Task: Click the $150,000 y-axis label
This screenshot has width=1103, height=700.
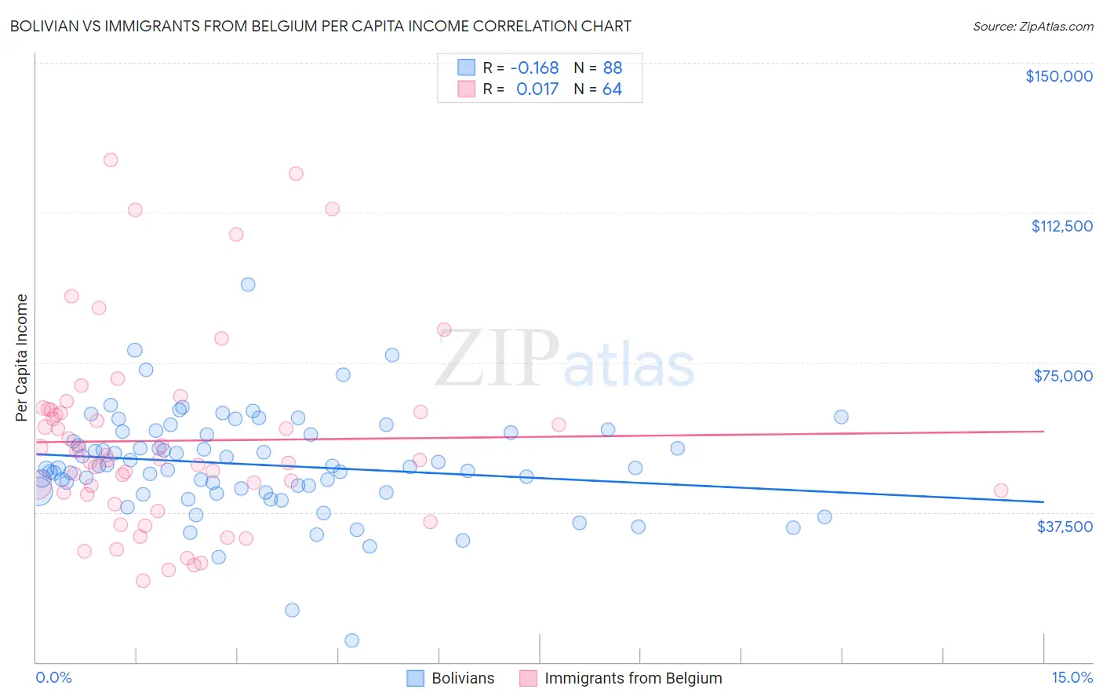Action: pos(1058,76)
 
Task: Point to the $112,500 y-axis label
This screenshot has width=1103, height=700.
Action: pos(1061,226)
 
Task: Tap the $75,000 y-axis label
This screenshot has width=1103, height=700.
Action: pos(1063,376)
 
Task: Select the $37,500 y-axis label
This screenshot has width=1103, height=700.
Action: pos(1065,527)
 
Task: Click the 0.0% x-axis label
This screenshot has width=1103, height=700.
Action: pos(53,677)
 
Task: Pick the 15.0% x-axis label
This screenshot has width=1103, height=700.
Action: pos(1072,677)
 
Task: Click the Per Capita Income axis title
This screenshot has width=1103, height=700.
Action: pos(21,357)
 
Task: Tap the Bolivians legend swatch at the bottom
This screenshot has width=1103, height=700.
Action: pos(415,678)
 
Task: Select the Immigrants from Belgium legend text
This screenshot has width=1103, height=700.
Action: pos(633,678)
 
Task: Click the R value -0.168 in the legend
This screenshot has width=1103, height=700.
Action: pos(534,67)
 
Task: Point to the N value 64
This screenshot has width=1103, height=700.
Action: pos(612,89)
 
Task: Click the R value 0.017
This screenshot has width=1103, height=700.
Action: pos(537,89)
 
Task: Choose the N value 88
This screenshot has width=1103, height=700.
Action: pos(612,67)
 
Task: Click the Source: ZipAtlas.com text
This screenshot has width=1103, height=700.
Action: pos(1032,27)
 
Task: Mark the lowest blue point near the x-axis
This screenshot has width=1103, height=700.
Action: pos(352,640)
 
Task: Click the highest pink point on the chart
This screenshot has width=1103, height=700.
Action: pos(111,160)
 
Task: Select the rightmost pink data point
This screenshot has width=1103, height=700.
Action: pos(1001,490)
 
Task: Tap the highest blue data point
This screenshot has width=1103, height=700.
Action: pos(248,285)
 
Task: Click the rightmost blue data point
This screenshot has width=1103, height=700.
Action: pos(841,417)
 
